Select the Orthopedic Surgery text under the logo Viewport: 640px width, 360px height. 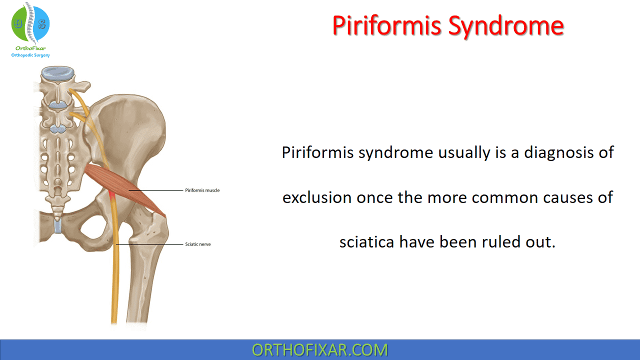click(30, 55)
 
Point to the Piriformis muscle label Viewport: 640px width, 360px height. click(202, 190)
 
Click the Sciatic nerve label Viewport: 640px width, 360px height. click(198, 244)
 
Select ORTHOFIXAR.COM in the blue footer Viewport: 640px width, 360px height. click(319, 349)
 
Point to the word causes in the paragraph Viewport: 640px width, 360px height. click(561, 197)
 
